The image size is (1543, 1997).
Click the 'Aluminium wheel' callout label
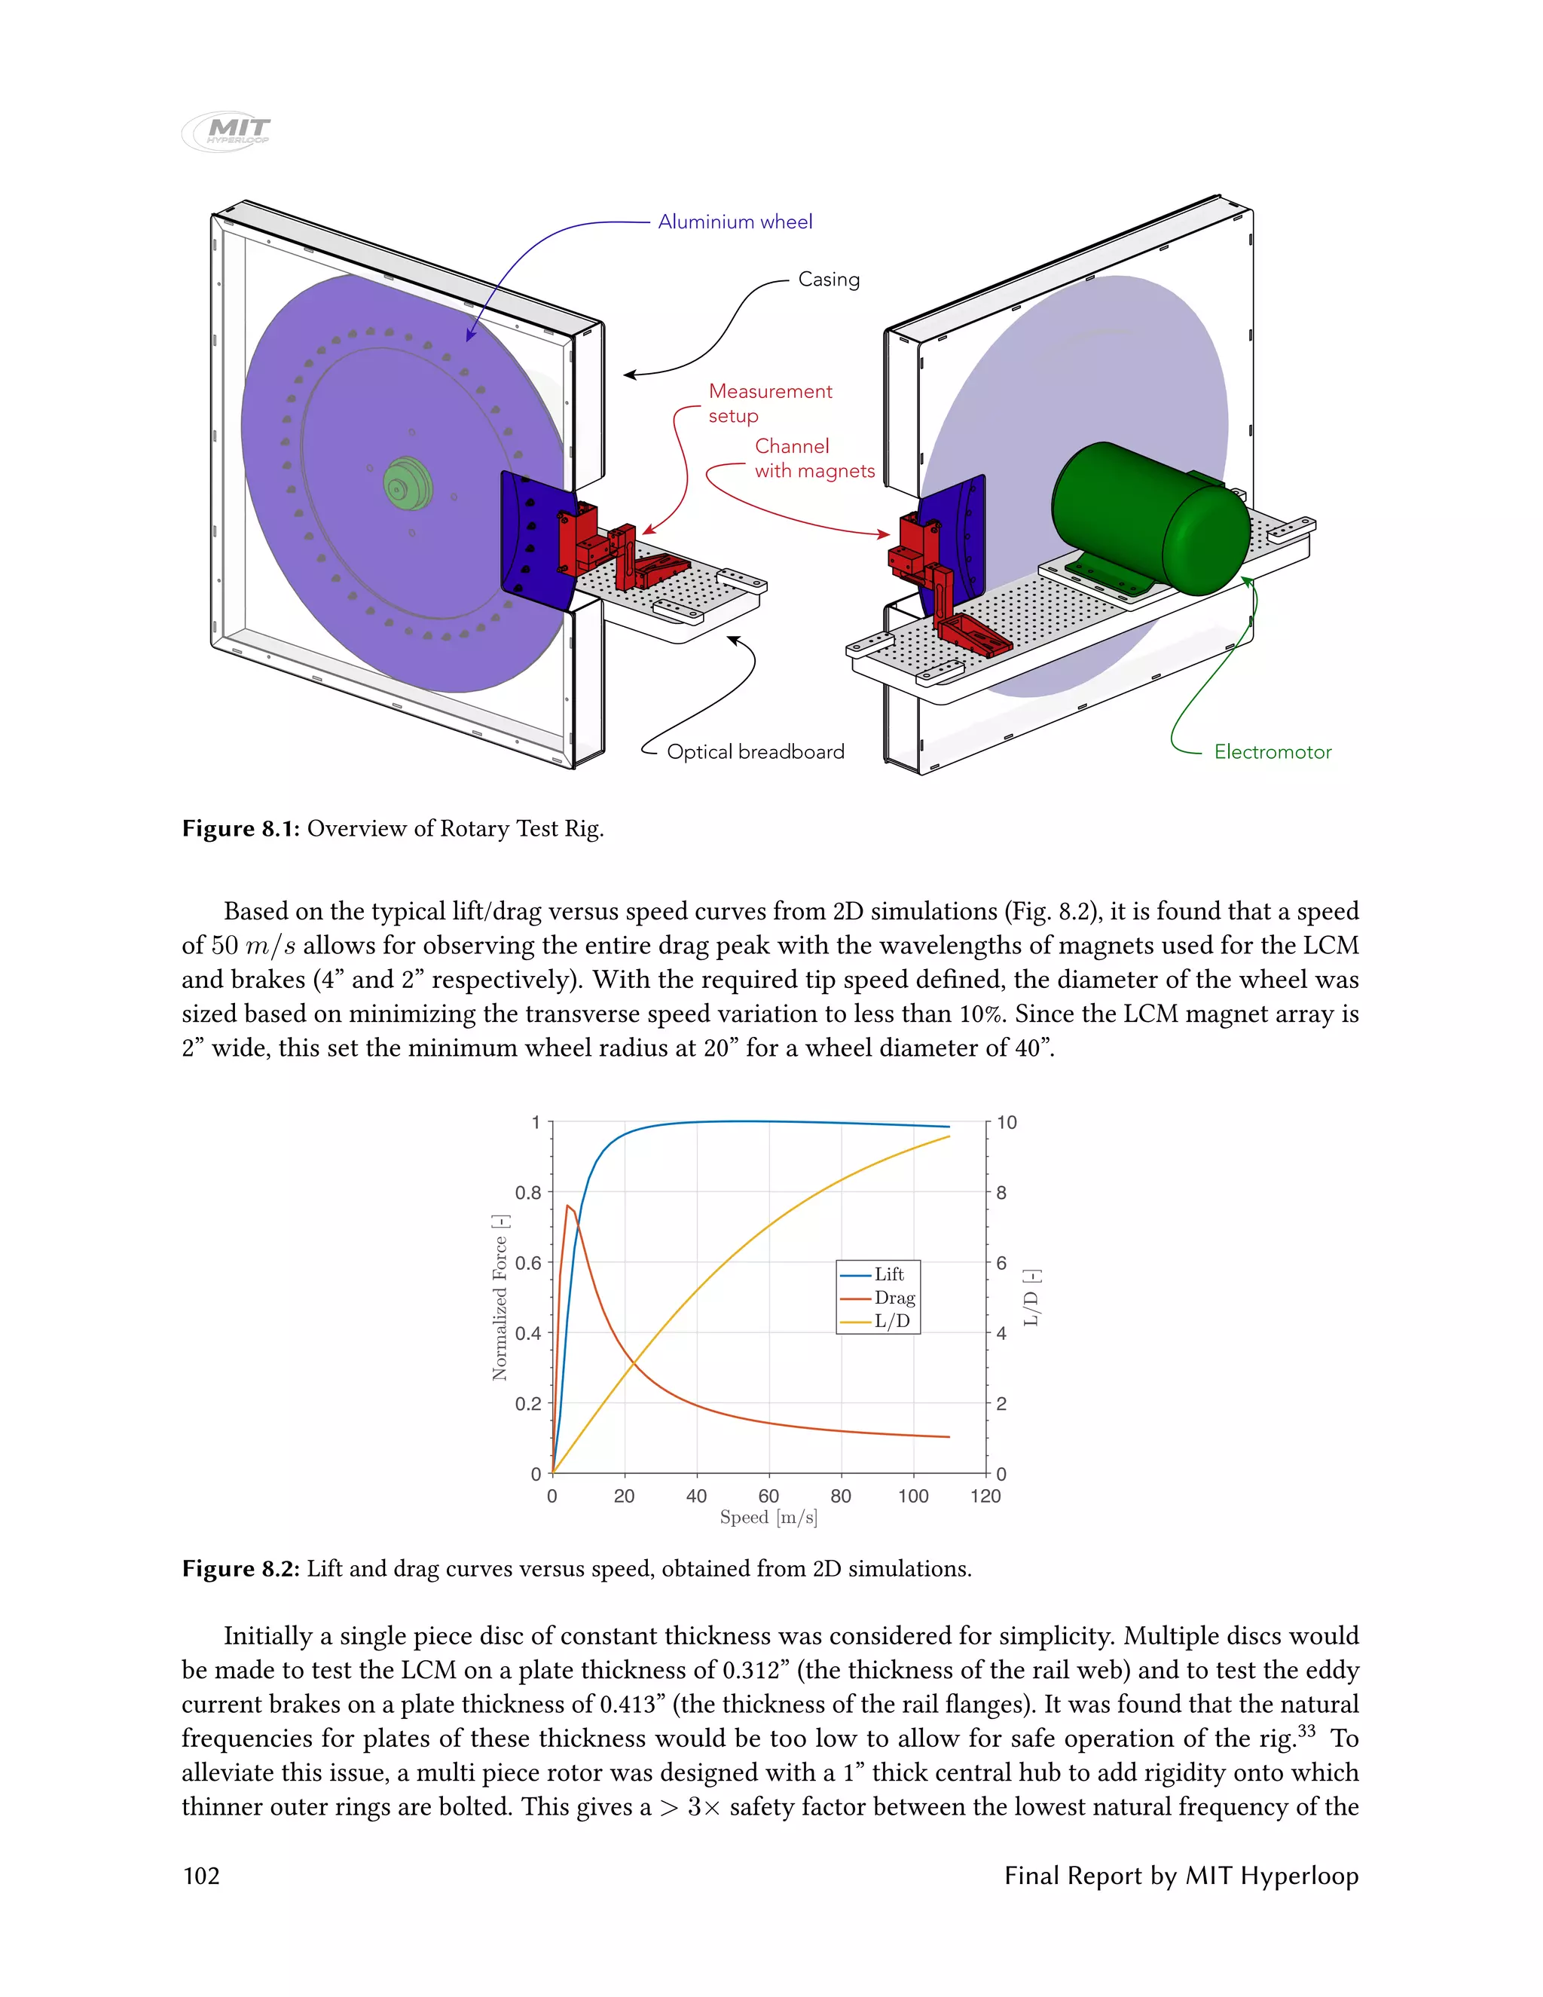[x=735, y=222]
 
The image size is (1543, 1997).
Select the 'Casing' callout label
[x=828, y=279]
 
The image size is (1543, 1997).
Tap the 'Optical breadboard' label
[x=755, y=751]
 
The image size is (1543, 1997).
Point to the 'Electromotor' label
[x=1273, y=751]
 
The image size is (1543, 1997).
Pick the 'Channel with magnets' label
[x=814, y=458]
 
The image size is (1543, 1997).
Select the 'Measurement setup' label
[x=770, y=403]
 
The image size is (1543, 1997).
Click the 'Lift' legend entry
[x=888, y=1274]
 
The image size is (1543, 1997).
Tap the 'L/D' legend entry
[x=891, y=1321]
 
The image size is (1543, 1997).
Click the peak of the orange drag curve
[x=567, y=1206]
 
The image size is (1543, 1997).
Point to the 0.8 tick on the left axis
[x=528, y=1192]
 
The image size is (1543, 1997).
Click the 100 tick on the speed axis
[x=913, y=1496]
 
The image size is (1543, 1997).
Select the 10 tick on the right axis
[x=1007, y=1123]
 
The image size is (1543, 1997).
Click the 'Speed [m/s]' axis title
[x=768, y=1518]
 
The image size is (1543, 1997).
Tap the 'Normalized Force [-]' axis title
[x=499, y=1297]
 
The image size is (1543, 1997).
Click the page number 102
[x=201, y=1876]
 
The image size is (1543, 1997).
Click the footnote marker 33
[x=1306, y=1730]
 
